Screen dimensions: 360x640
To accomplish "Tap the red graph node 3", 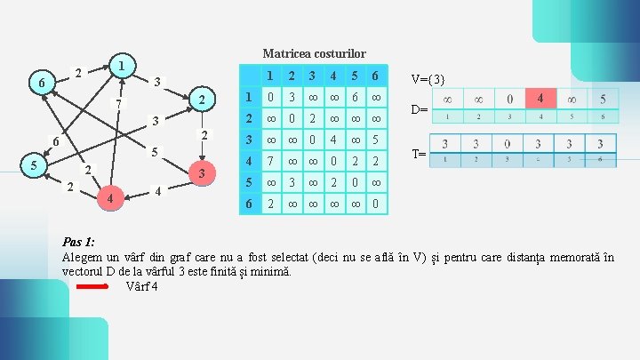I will click(x=203, y=172).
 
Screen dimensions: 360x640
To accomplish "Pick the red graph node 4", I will click(x=108, y=199).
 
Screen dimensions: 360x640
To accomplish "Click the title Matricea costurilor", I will click(x=314, y=53).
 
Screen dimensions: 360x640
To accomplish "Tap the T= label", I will click(x=420, y=154).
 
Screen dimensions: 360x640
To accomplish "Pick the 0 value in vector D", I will click(x=509, y=97).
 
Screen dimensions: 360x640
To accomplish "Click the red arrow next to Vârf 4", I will click(x=92, y=286).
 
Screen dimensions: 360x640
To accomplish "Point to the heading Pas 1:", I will click(x=79, y=242).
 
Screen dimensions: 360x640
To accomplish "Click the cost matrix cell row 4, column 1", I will click(x=273, y=161).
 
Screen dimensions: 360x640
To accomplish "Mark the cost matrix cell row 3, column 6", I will click(x=378, y=140).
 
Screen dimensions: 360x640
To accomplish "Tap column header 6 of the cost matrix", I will click(x=378, y=75).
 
